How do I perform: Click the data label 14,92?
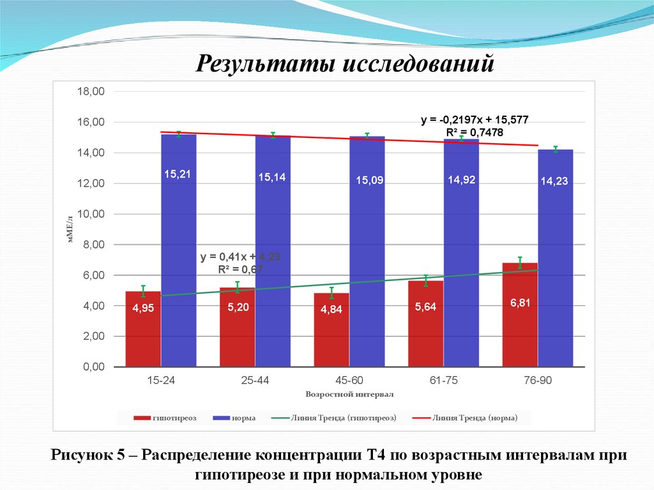click(x=461, y=180)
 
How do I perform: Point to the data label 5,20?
click(x=237, y=307)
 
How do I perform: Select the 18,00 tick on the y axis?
click(x=90, y=91)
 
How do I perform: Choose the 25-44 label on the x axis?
click(x=255, y=381)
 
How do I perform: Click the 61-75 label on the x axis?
click(x=443, y=381)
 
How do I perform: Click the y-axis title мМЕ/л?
click(x=71, y=229)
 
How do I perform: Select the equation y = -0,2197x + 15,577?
click(x=474, y=120)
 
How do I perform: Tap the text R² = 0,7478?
click(x=474, y=132)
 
